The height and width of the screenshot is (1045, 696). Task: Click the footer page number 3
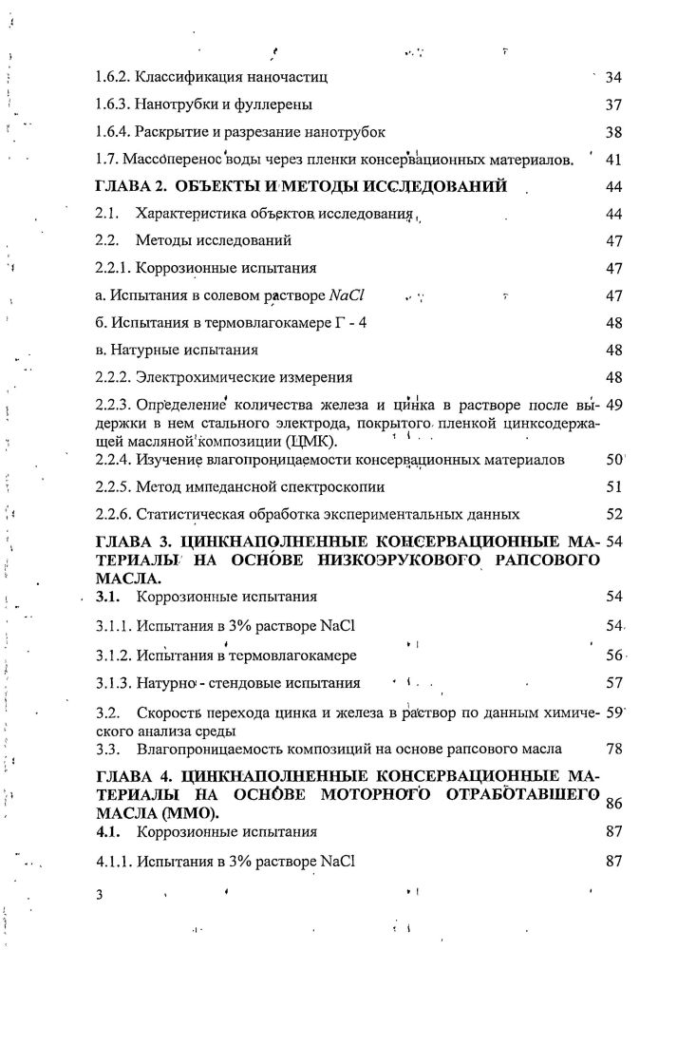(98, 895)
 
